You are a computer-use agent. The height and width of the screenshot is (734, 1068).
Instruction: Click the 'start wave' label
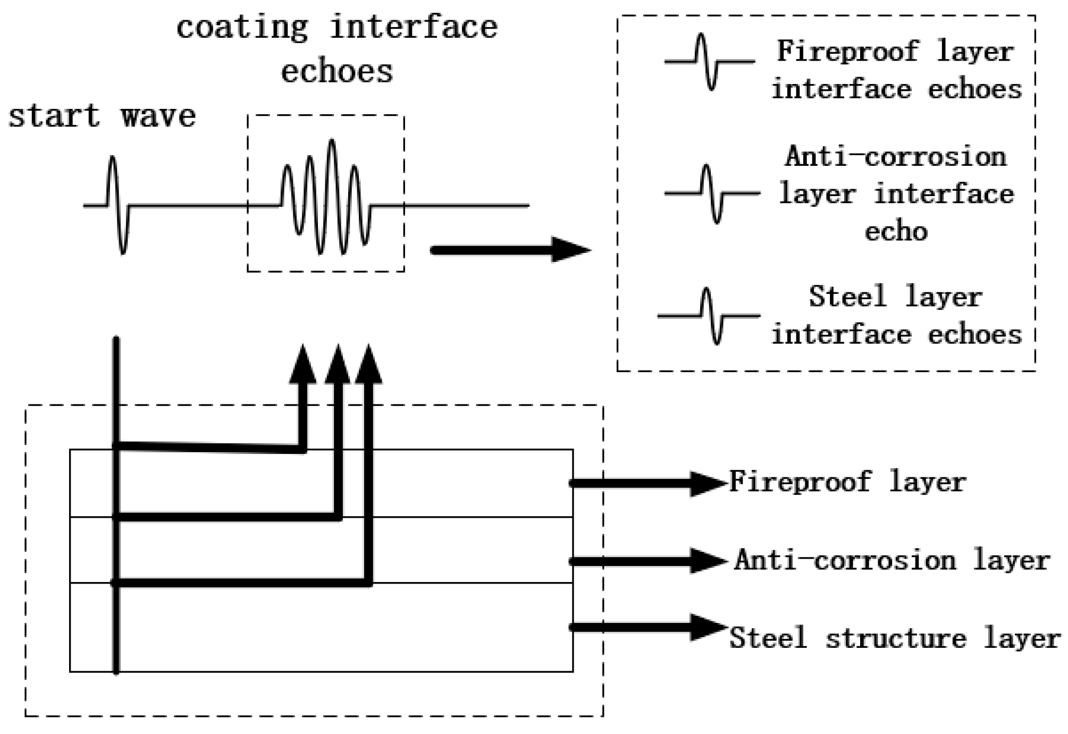[102, 116]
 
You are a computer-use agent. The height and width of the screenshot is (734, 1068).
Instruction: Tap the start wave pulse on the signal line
[117, 205]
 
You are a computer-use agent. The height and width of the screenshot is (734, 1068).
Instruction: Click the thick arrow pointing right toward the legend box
[510, 250]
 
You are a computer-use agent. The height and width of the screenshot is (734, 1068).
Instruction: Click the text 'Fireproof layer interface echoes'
[896, 70]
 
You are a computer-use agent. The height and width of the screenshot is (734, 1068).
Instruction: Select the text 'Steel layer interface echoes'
[896, 315]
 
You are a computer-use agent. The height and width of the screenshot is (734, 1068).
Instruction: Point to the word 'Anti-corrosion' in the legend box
[896, 157]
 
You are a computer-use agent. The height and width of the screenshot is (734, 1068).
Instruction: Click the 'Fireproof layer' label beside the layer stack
[847, 482]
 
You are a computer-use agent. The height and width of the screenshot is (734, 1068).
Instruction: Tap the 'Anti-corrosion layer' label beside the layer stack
[892, 561]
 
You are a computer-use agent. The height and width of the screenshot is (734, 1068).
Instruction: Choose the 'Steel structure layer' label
[894, 638]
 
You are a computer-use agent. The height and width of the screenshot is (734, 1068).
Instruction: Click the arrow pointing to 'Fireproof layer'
[649, 483]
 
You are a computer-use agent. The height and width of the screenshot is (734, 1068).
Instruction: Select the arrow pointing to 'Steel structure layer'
[649, 627]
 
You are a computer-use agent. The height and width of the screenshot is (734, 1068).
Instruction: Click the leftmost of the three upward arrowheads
[302, 365]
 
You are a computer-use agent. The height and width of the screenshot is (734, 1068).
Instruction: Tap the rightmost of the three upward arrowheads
[368, 365]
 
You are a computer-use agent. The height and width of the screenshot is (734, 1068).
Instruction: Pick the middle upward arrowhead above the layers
[337, 365]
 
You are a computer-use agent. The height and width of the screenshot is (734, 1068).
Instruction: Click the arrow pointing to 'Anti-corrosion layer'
[649, 561]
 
